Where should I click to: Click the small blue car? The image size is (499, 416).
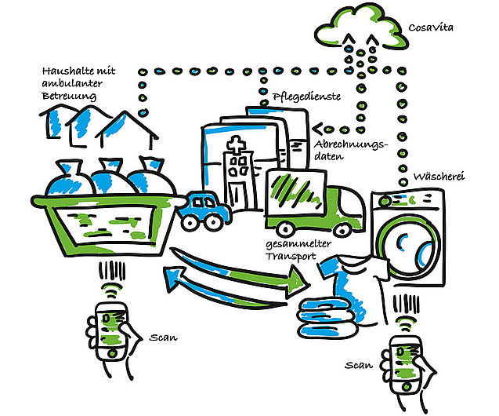click(x=202, y=210)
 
